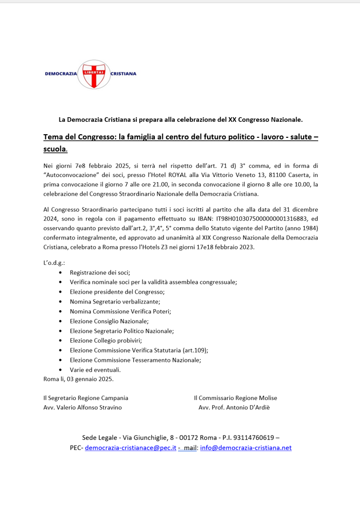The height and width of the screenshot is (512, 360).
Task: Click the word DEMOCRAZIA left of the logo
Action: pos(61,74)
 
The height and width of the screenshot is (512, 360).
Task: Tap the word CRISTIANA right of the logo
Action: pos(123,74)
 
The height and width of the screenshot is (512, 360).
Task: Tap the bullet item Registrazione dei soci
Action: pos(100,272)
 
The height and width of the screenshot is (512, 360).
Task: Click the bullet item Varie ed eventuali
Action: pos(95,370)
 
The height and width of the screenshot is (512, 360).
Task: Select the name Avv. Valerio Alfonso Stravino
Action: pos(83,408)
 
